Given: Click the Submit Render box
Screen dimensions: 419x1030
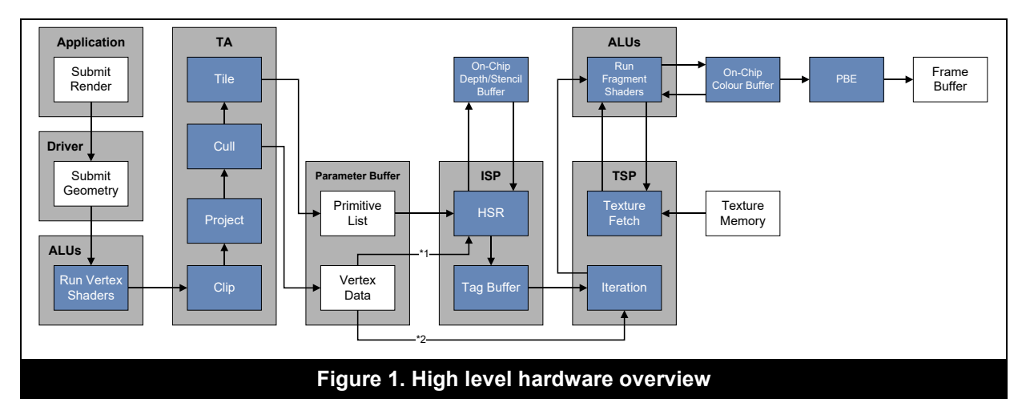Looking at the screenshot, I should tap(91, 79).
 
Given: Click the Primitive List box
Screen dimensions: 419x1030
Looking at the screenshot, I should tap(357, 213).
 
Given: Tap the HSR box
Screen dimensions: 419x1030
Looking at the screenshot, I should tap(491, 213).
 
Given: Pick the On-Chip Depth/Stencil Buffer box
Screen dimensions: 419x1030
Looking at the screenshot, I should tap(491, 79).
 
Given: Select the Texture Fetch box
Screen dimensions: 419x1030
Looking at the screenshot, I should tap(624, 213).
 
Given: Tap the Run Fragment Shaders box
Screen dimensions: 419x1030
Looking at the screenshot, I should tap(624, 79).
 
